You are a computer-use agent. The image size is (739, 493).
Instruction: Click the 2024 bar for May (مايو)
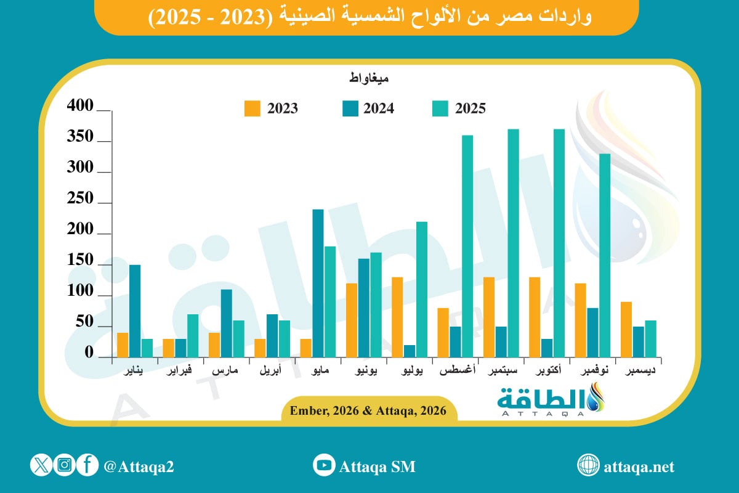[318, 283]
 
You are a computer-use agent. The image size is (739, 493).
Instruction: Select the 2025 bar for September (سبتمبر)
[513, 243]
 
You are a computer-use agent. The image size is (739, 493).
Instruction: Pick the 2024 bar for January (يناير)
[135, 311]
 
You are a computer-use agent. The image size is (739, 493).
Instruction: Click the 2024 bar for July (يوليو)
[410, 351]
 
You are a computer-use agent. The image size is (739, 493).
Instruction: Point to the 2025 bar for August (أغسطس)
[467, 246]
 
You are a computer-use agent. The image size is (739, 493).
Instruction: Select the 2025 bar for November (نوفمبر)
[604, 255]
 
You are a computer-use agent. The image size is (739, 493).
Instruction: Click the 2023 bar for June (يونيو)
[352, 320]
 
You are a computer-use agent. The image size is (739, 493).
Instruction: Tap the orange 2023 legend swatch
[252, 108]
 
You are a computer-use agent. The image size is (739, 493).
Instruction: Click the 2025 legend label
[470, 108]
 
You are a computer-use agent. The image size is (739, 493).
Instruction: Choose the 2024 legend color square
[349, 108]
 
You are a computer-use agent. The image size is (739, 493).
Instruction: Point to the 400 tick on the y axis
[81, 107]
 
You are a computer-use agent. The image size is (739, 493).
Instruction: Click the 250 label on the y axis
[81, 199]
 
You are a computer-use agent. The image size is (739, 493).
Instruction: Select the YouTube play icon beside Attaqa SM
[323, 465]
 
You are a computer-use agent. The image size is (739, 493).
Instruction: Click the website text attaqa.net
[640, 467]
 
